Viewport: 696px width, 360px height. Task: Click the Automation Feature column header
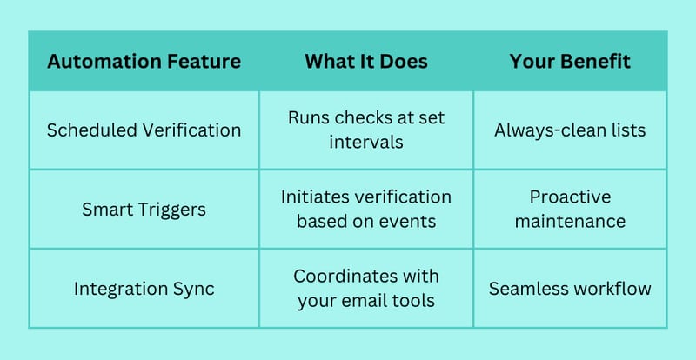144,61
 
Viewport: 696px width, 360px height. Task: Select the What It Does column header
366,61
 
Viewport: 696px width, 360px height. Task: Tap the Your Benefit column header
570,61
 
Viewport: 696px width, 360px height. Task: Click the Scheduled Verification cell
144,130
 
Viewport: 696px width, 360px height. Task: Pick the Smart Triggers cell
144,210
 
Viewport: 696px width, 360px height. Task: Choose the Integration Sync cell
144,289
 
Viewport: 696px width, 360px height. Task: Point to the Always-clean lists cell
570,130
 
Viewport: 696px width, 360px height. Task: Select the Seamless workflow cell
570,289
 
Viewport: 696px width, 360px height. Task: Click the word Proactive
570,197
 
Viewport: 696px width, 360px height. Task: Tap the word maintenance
570,222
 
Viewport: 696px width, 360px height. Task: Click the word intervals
366,142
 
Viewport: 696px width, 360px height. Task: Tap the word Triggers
176,210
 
